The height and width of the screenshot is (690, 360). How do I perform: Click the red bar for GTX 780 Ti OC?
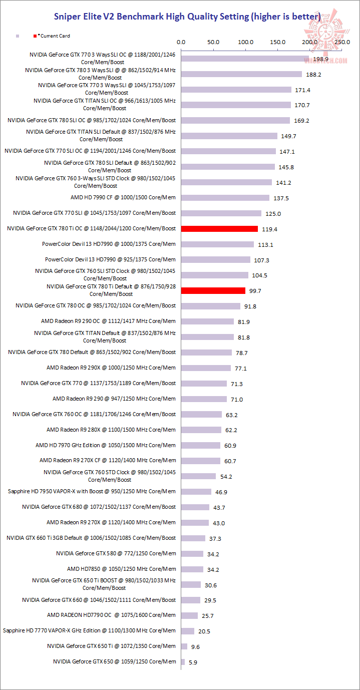[219, 229]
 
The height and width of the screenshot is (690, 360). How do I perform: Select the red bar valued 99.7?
[213, 290]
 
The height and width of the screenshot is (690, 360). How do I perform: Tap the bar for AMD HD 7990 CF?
[225, 198]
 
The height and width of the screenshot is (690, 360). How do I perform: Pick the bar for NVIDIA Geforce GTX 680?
[195, 507]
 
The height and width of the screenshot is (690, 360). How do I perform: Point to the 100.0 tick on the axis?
[245, 42]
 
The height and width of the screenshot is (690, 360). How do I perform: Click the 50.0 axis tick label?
[213, 42]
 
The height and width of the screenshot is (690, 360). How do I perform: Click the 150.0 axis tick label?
[278, 42]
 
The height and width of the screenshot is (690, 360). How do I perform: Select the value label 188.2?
[313, 75]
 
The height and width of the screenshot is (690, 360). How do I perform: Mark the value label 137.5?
[281, 198]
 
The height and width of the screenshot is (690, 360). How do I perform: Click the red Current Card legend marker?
[35, 36]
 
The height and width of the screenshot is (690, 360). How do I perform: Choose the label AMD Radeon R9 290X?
[111, 368]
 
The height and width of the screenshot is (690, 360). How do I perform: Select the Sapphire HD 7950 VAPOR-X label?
[92, 491]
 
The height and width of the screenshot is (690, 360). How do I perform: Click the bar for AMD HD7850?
[192, 569]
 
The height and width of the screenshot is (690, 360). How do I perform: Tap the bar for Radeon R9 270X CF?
[201, 461]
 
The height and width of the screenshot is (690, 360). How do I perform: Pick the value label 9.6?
[195, 647]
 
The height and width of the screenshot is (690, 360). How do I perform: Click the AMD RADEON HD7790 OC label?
[112, 615]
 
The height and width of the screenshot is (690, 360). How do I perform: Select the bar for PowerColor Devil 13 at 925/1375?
[216, 260]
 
